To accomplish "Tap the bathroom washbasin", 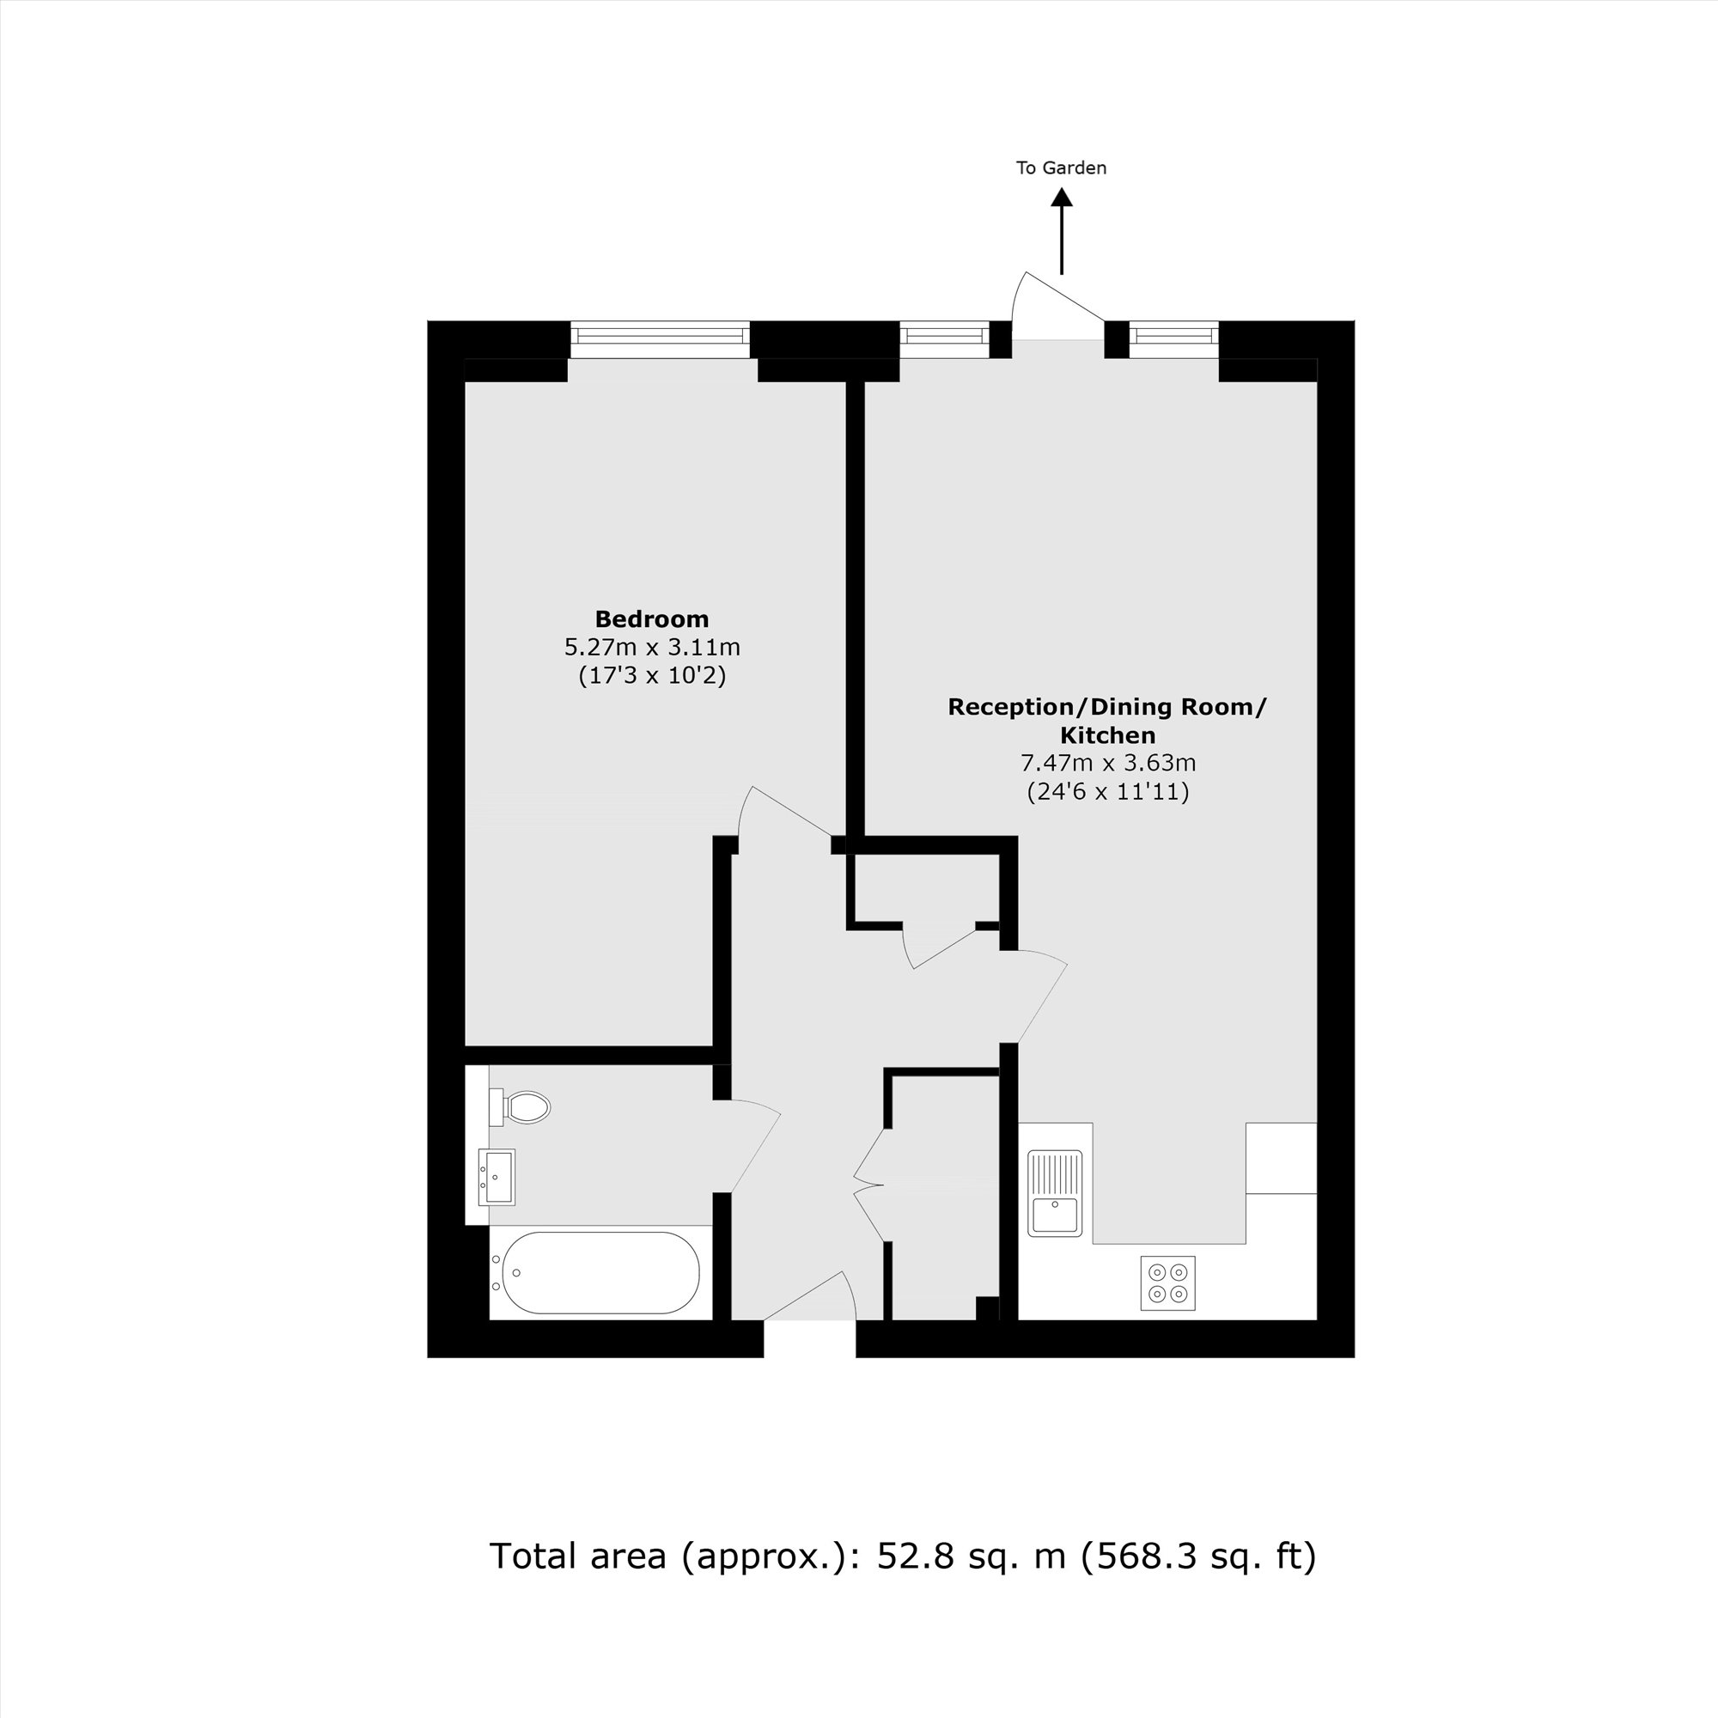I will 497,1178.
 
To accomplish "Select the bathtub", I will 601,1272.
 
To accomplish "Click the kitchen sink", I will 1056,1194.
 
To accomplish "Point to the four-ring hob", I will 1167,1283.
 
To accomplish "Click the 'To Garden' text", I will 1061,168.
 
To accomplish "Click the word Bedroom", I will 652,618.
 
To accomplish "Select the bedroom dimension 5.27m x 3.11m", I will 652,647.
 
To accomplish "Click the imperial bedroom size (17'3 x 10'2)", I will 652,676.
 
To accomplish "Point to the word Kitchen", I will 1107,735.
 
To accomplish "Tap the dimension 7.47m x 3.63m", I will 1107,763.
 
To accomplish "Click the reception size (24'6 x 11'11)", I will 1107,791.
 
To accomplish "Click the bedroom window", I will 660,336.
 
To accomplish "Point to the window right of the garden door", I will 1173,336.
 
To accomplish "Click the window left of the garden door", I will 943,336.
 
